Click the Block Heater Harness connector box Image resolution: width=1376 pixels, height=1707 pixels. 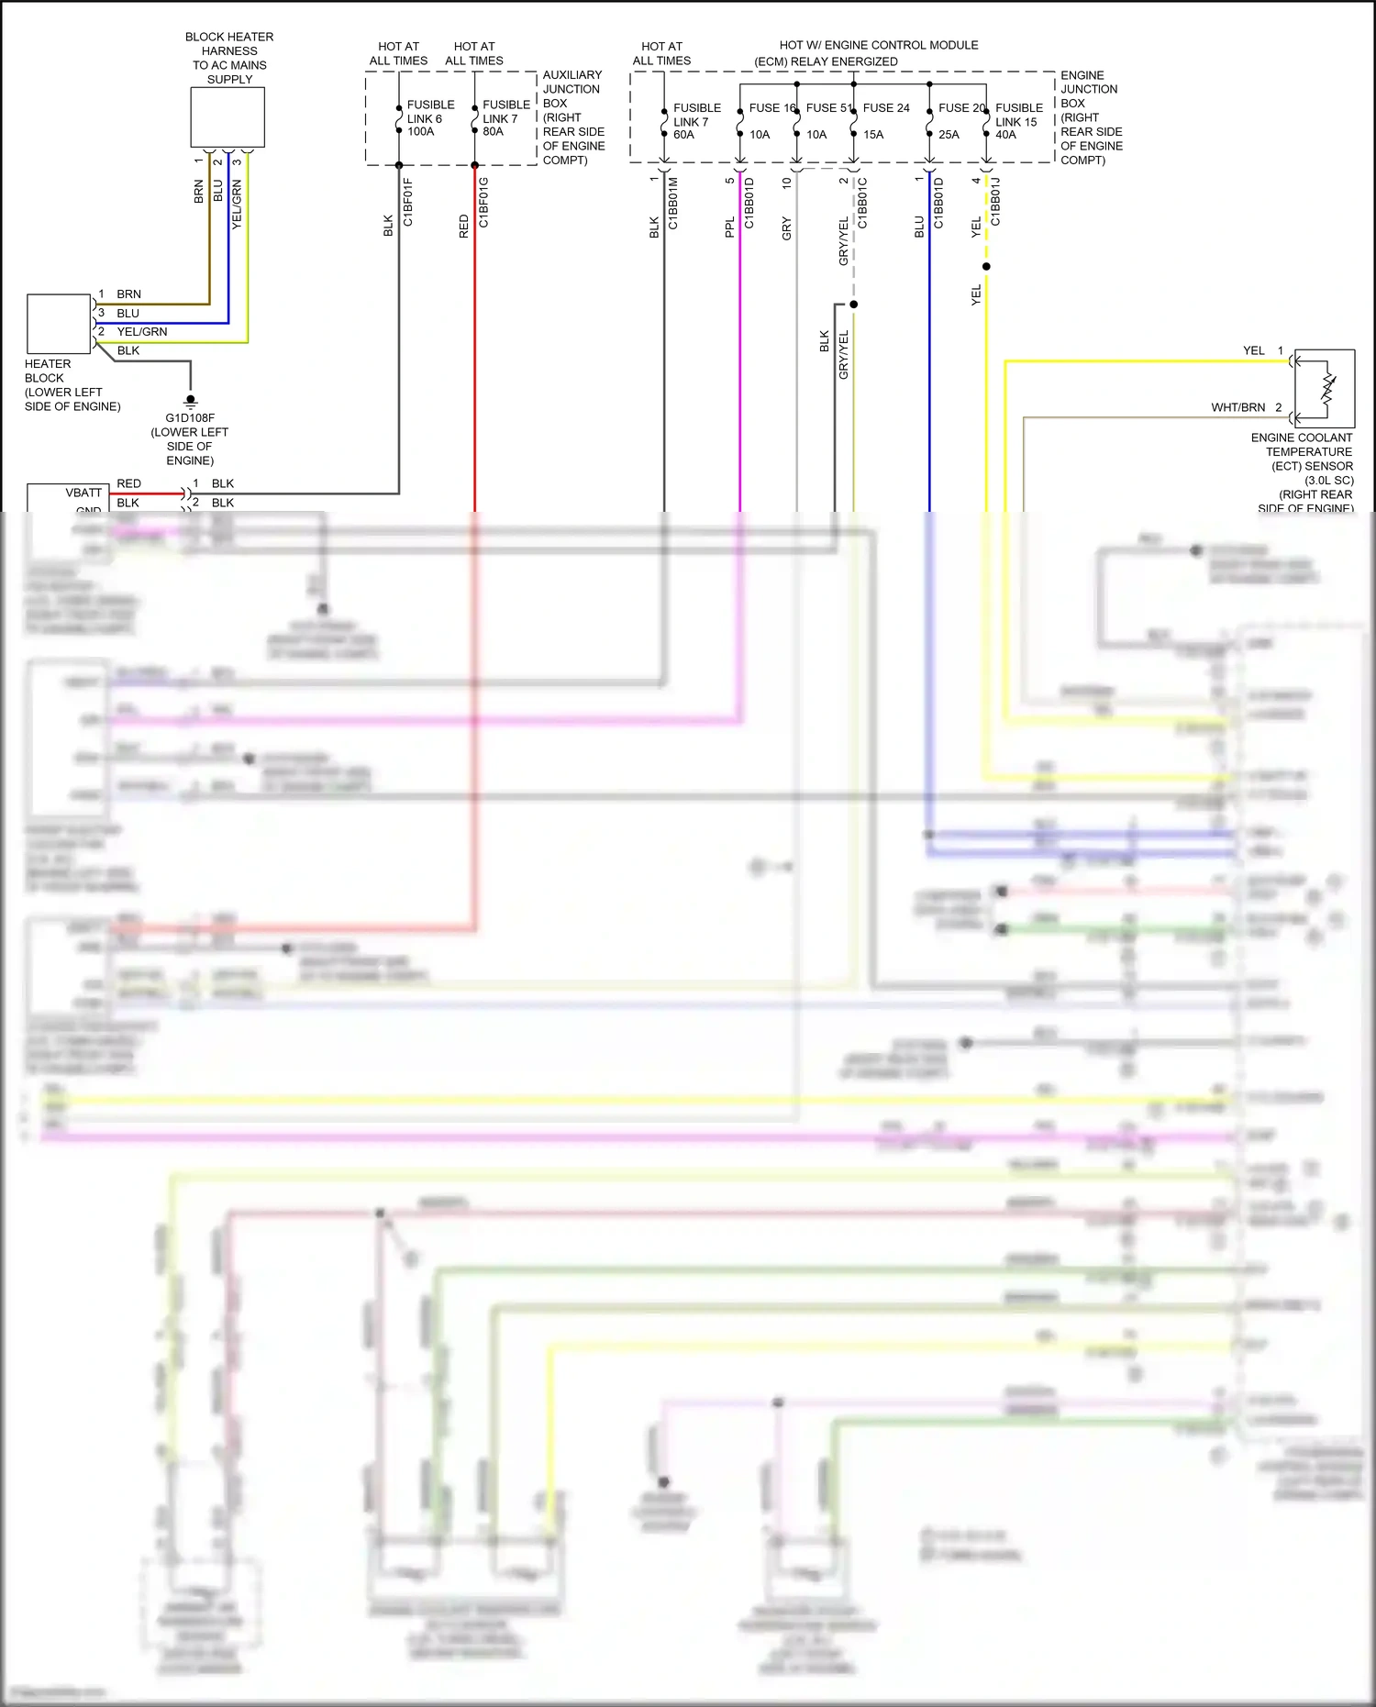[x=227, y=117]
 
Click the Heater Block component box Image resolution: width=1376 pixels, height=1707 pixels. [x=59, y=324]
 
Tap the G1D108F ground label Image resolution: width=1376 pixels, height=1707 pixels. [x=190, y=418]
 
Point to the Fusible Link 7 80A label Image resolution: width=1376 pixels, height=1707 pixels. [x=505, y=118]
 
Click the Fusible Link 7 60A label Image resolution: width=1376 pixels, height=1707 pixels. [x=696, y=121]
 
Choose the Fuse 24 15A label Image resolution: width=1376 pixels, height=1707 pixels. [x=885, y=120]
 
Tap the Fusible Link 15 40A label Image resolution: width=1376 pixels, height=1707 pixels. [x=1018, y=121]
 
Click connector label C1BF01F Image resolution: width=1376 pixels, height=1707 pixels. [x=408, y=203]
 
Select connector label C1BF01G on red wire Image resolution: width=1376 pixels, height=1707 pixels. [x=483, y=203]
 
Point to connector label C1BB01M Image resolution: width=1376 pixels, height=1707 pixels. [x=672, y=204]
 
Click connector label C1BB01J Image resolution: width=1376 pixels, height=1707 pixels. [x=995, y=203]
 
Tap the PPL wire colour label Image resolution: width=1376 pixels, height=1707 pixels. [x=730, y=227]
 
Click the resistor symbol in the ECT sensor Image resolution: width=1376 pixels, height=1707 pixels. [x=1327, y=387]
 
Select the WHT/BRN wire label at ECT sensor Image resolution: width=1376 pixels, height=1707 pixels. [x=1237, y=407]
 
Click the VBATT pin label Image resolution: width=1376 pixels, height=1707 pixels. [x=83, y=493]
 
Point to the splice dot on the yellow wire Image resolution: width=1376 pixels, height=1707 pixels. [x=986, y=267]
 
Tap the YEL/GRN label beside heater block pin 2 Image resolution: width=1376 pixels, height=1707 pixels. [x=142, y=332]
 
